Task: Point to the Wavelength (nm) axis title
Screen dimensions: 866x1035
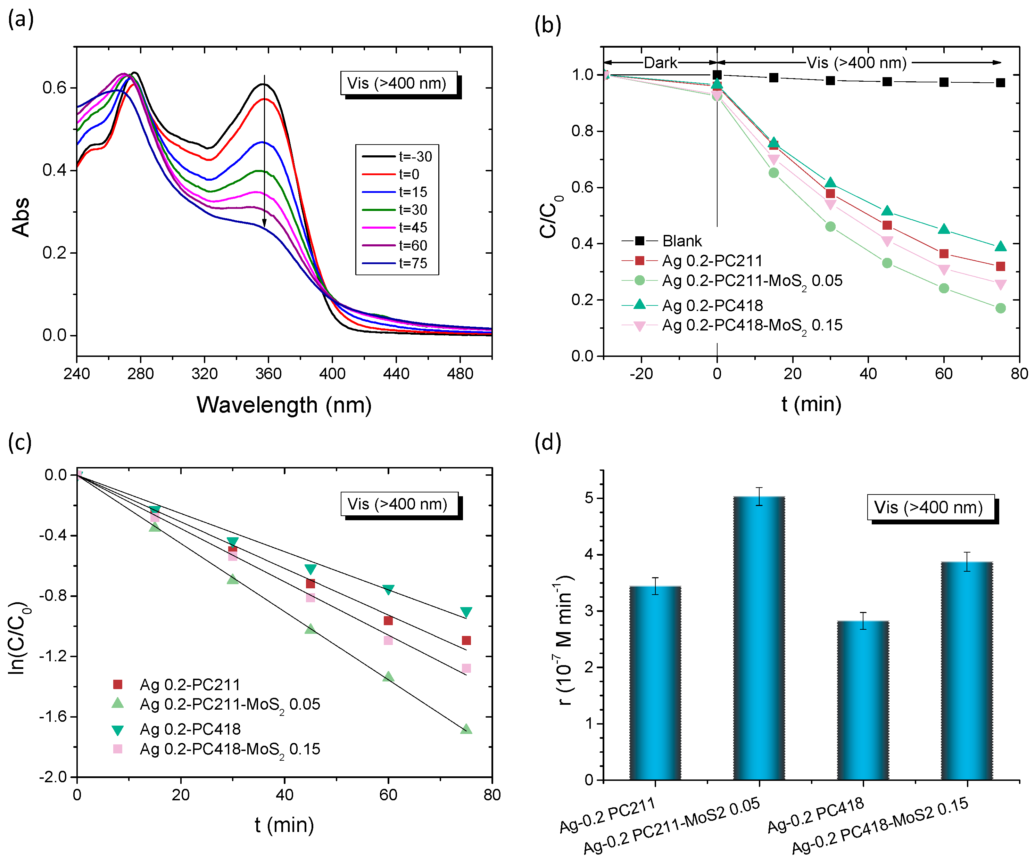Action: [x=284, y=405]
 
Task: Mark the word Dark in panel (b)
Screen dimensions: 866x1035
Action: [x=661, y=63]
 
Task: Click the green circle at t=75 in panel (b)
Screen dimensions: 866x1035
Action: [x=1000, y=308]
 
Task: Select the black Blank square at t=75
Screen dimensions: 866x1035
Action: [x=1000, y=83]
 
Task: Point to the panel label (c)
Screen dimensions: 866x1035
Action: [x=20, y=442]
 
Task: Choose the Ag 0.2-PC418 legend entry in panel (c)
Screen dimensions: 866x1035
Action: [x=190, y=729]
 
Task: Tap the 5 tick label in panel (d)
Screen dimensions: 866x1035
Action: [x=589, y=498]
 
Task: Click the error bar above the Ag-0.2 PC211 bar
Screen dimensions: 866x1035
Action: [x=655, y=586]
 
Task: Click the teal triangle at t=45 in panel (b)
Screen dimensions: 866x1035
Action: [x=887, y=211]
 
